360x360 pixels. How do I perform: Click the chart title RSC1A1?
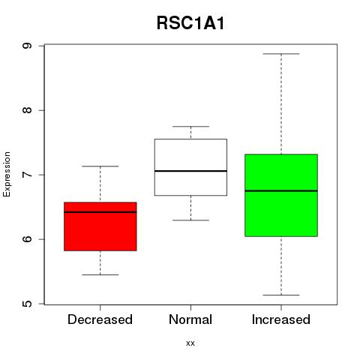click(190, 23)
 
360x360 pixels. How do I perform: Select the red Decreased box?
click(100, 226)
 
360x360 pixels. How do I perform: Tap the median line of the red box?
click(100, 212)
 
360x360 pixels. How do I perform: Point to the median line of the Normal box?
click(190, 171)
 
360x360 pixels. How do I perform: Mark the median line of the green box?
click(281, 190)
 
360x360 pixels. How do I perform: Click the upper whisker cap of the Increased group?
click(281, 54)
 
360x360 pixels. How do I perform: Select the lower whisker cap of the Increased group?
click(281, 295)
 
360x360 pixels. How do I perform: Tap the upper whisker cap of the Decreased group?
click(100, 166)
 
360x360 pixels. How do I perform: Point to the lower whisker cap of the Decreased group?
click(100, 274)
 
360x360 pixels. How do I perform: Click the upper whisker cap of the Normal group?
click(190, 127)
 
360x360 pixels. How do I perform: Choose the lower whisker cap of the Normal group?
click(190, 220)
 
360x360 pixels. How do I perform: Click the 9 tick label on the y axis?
click(27, 46)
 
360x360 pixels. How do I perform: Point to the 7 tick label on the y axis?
click(27, 175)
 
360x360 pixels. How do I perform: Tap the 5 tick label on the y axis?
click(27, 304)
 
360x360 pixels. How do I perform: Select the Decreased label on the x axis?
click(100, 319)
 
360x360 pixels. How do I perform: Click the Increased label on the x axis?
click(281, 319)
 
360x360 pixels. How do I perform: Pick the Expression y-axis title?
click(7, 174)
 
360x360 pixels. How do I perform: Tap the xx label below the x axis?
click(190, 343)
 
